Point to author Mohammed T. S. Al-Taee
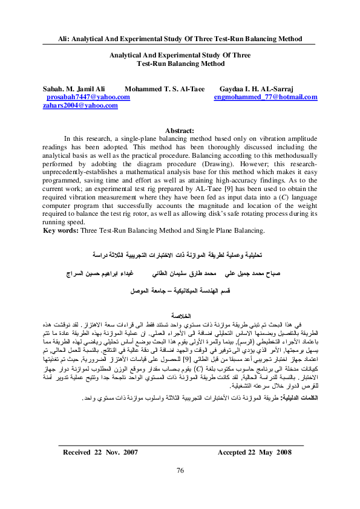point(164,88)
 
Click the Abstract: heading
point(179,130)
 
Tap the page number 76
point(180,488)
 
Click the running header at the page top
point(180,39)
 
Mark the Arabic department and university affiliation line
point(181,290)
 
